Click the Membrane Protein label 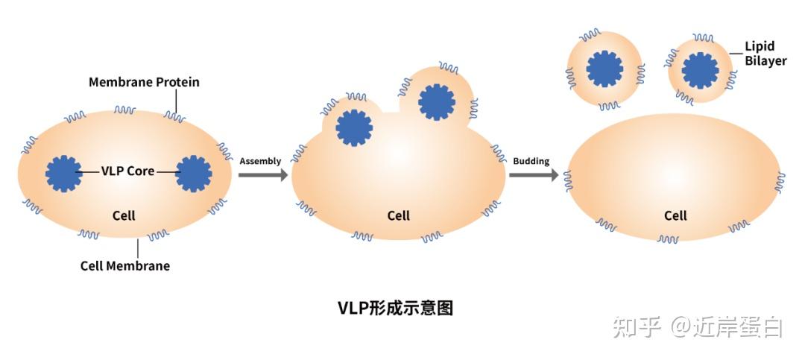[144, 82]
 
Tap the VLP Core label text [128, 171]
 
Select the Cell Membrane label [124, 266]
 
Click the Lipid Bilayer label [765, 54]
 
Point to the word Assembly [260, 161]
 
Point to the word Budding [531, 161]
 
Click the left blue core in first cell [63, 174]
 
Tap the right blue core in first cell [194, 174]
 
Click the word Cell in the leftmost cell [124, 215]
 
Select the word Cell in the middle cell [399, 216]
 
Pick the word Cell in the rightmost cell [675, 216]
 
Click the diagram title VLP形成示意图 [395, 308]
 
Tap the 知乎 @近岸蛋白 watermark [697, 326]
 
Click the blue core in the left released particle [604, 69]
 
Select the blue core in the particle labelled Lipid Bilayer [701, 70]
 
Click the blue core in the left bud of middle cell [354, 127]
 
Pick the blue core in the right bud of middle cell [437, 102]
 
